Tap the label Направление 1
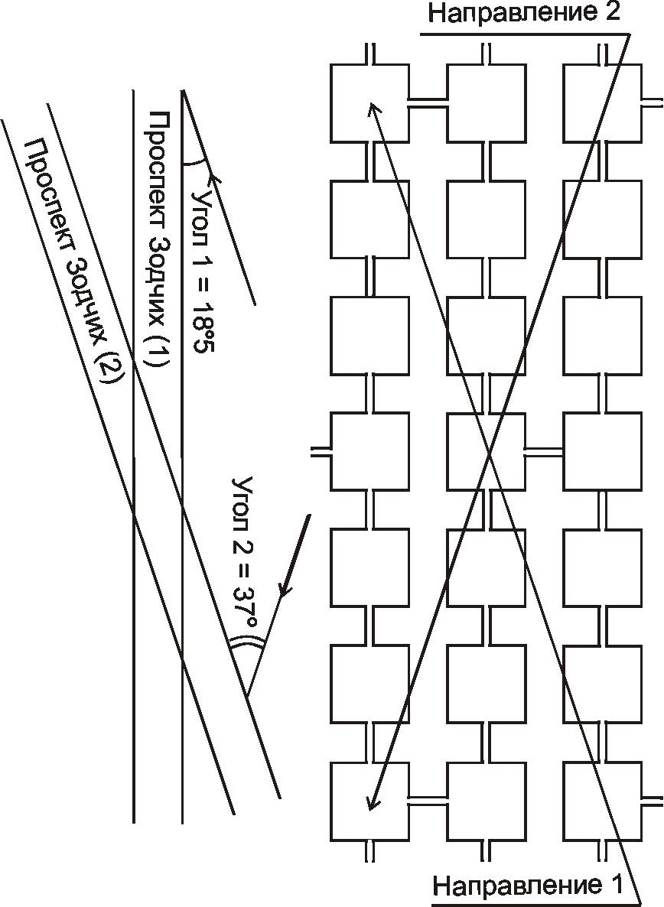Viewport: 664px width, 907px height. click(528, 886)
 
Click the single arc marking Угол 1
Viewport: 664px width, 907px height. click(195, 162)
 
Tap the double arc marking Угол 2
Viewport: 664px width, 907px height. click(246, 645)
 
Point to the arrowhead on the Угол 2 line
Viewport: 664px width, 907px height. click(285, 590)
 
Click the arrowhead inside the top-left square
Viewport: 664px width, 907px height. click(373, 111)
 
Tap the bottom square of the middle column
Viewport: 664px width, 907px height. click(486, 801)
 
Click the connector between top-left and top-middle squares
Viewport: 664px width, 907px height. click(427, 99)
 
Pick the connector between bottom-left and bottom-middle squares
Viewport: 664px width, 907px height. click(427, 799)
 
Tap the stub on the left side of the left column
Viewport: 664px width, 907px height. click(322, 449)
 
